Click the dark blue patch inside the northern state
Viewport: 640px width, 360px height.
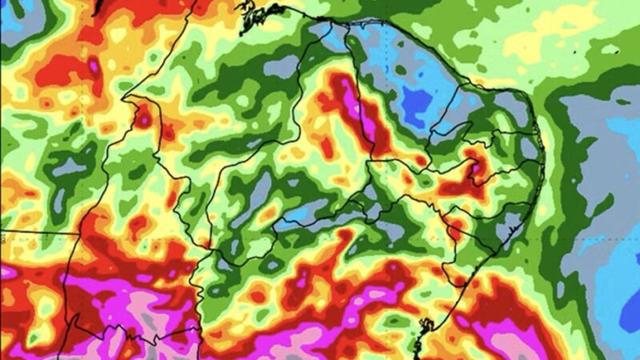click(x=416, y=102)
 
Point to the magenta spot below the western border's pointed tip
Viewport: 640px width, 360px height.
click(x=143, y=118)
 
